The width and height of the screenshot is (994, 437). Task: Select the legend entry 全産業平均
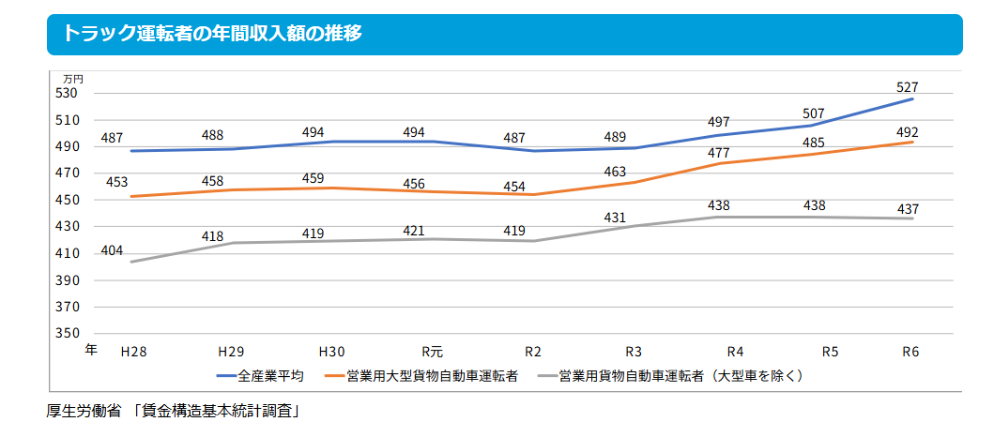click(270, 376)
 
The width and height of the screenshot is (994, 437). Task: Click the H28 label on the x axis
click(133, 353)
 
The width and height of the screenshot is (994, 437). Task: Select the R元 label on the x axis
click(432, 353)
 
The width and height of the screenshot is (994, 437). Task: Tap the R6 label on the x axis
click(910, 353)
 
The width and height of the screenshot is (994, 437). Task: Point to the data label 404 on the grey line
click(112, 250)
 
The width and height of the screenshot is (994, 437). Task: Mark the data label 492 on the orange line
click(907, 132)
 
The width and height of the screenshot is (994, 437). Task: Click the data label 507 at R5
click(813, 113)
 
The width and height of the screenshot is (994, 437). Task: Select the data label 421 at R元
click(414, 230)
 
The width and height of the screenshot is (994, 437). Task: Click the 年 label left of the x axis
click(90, 351)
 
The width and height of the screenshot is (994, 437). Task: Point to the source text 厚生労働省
click(84, 410)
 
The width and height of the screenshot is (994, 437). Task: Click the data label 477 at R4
click(718, 153)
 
